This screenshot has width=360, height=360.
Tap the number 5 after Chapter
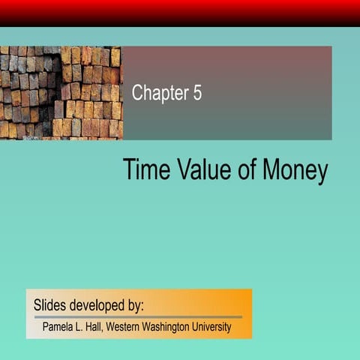click(196, 94)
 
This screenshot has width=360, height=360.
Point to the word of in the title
click(245, 170)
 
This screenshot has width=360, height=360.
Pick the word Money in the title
click(295, 171)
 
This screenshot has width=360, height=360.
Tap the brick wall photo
click(60, 92)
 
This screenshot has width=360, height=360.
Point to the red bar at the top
click(180, 12)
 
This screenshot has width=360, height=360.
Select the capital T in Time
click(129, 170)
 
